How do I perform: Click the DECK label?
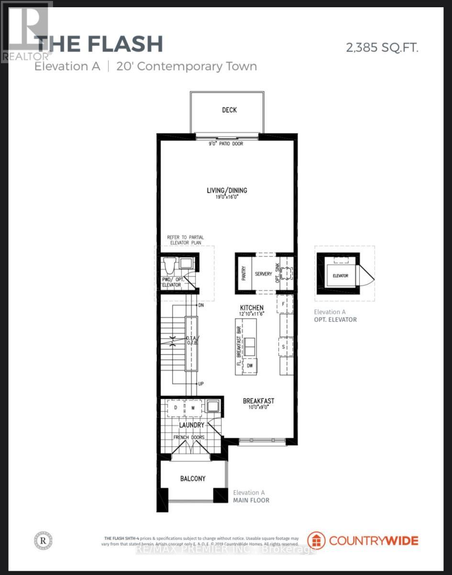coord(229,110)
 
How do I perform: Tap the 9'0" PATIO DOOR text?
coord(226,143)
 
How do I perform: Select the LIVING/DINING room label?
coord(227,190)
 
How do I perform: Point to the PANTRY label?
coord(243,274)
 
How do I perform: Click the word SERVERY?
coord(263,274)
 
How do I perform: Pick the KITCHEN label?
coord(252,307)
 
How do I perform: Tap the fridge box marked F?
coord(284,304)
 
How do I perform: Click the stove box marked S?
coord(284,346)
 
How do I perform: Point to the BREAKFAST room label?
coord(258,401)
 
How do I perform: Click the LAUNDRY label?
coord(192,425)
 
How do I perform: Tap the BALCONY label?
coord(193,478)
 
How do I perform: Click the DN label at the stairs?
coord(201,305)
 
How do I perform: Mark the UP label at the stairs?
coord(201,384)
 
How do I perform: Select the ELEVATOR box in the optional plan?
coord(341,276)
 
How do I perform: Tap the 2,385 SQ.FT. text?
coord(382,47)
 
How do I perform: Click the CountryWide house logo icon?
coord(317,540)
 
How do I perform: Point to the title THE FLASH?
coord(99,44)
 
